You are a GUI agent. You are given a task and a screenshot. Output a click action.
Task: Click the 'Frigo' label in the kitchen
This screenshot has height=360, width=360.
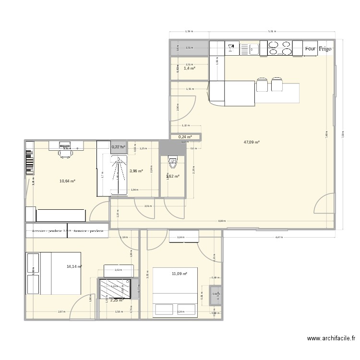324,48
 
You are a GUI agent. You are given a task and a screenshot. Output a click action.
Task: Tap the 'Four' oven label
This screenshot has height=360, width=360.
310,48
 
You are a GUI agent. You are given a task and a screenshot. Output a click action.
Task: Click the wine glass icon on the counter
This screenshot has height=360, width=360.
230,48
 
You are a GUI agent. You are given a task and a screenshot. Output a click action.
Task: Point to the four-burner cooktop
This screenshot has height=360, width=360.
279,48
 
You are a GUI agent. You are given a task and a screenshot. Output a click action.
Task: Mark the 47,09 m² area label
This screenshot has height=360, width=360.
252,142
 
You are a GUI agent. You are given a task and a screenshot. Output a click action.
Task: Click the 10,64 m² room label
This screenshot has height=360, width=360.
67,181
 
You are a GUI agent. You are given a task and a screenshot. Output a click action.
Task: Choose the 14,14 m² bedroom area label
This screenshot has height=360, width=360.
74,266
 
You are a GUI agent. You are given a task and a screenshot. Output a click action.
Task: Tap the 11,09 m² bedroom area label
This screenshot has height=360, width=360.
179,274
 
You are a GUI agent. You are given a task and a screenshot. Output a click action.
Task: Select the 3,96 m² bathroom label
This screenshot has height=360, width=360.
137,170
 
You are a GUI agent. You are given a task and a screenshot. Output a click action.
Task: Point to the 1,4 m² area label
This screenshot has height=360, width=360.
190,69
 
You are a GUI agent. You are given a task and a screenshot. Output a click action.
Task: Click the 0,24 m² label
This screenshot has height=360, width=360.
185,137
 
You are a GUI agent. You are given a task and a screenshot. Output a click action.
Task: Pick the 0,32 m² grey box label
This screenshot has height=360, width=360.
119,147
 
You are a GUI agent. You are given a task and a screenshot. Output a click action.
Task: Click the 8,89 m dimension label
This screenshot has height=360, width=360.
221,221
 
